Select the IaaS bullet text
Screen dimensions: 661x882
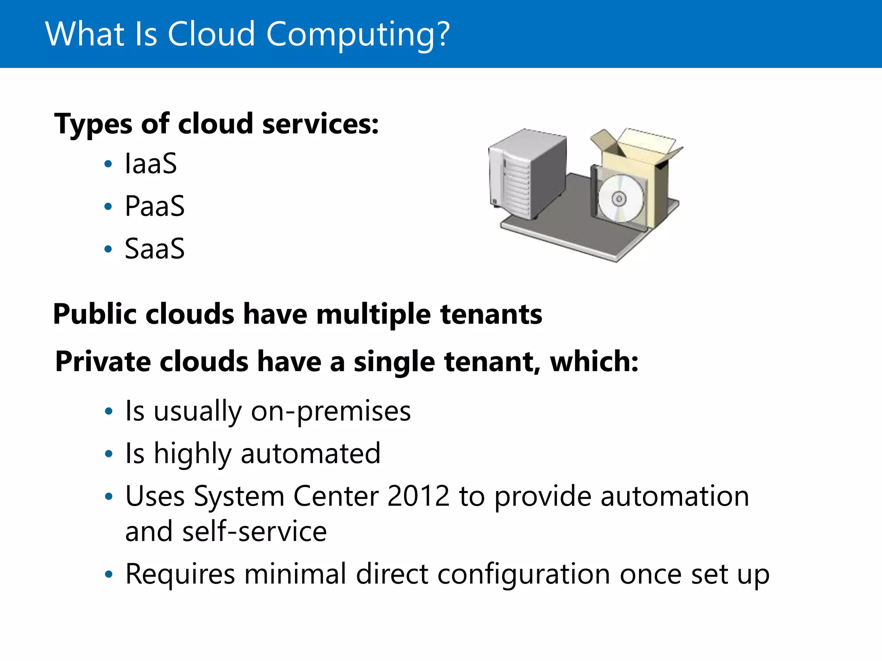pyautogui.click(x=151, y=164)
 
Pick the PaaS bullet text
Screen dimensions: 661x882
pyautogui.click(x=155, y=206)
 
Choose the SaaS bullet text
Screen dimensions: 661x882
pyautogui.click(x=155, y=248)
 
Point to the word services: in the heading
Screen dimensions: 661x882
pyautogui.click(x=320, y=124)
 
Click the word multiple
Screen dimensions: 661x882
pyautogui.click(x=373, y=315)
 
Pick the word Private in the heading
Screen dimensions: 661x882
pyautogui.click(x=103, y=361)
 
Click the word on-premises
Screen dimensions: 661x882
pyautogui.click(x=331, y=411)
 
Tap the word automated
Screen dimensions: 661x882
pyautogui.click(x=311, y=454)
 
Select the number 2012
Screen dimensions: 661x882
pyautogui.click(x=418, y=496)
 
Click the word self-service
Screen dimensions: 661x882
pyautogui.click(x=255, y=531)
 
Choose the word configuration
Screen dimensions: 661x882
pyautogui.click(x=524, y=575)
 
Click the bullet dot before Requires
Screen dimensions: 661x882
pyautogui.click(x=109, y=574)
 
